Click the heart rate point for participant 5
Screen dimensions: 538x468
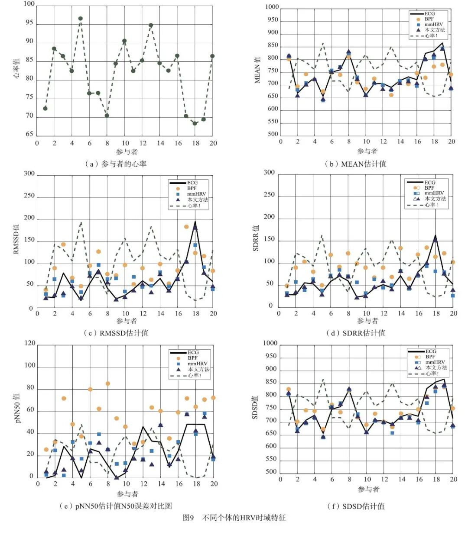tap(81, 19)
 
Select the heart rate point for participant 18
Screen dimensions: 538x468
tap(195, 123)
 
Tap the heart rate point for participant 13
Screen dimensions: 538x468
tap(151, 25)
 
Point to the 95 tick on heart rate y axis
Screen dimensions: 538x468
tap(29, 23)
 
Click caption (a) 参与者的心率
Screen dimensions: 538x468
tap(116, 164)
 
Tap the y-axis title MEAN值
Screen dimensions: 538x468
tap(257, 70)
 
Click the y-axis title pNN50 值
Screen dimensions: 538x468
tap(18, 408)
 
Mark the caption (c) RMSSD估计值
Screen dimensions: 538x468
tap(116, 333)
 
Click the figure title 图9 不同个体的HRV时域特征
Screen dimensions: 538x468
tap(234, 518)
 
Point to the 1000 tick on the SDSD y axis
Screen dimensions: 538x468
tap(270, 343)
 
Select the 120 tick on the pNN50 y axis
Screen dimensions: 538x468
tap(30, 343)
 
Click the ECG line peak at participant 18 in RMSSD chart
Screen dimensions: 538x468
tap(195, 222)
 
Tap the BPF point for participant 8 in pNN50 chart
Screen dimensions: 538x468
tap(108, 383)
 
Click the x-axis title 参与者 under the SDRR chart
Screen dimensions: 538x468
tap(367, 321)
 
